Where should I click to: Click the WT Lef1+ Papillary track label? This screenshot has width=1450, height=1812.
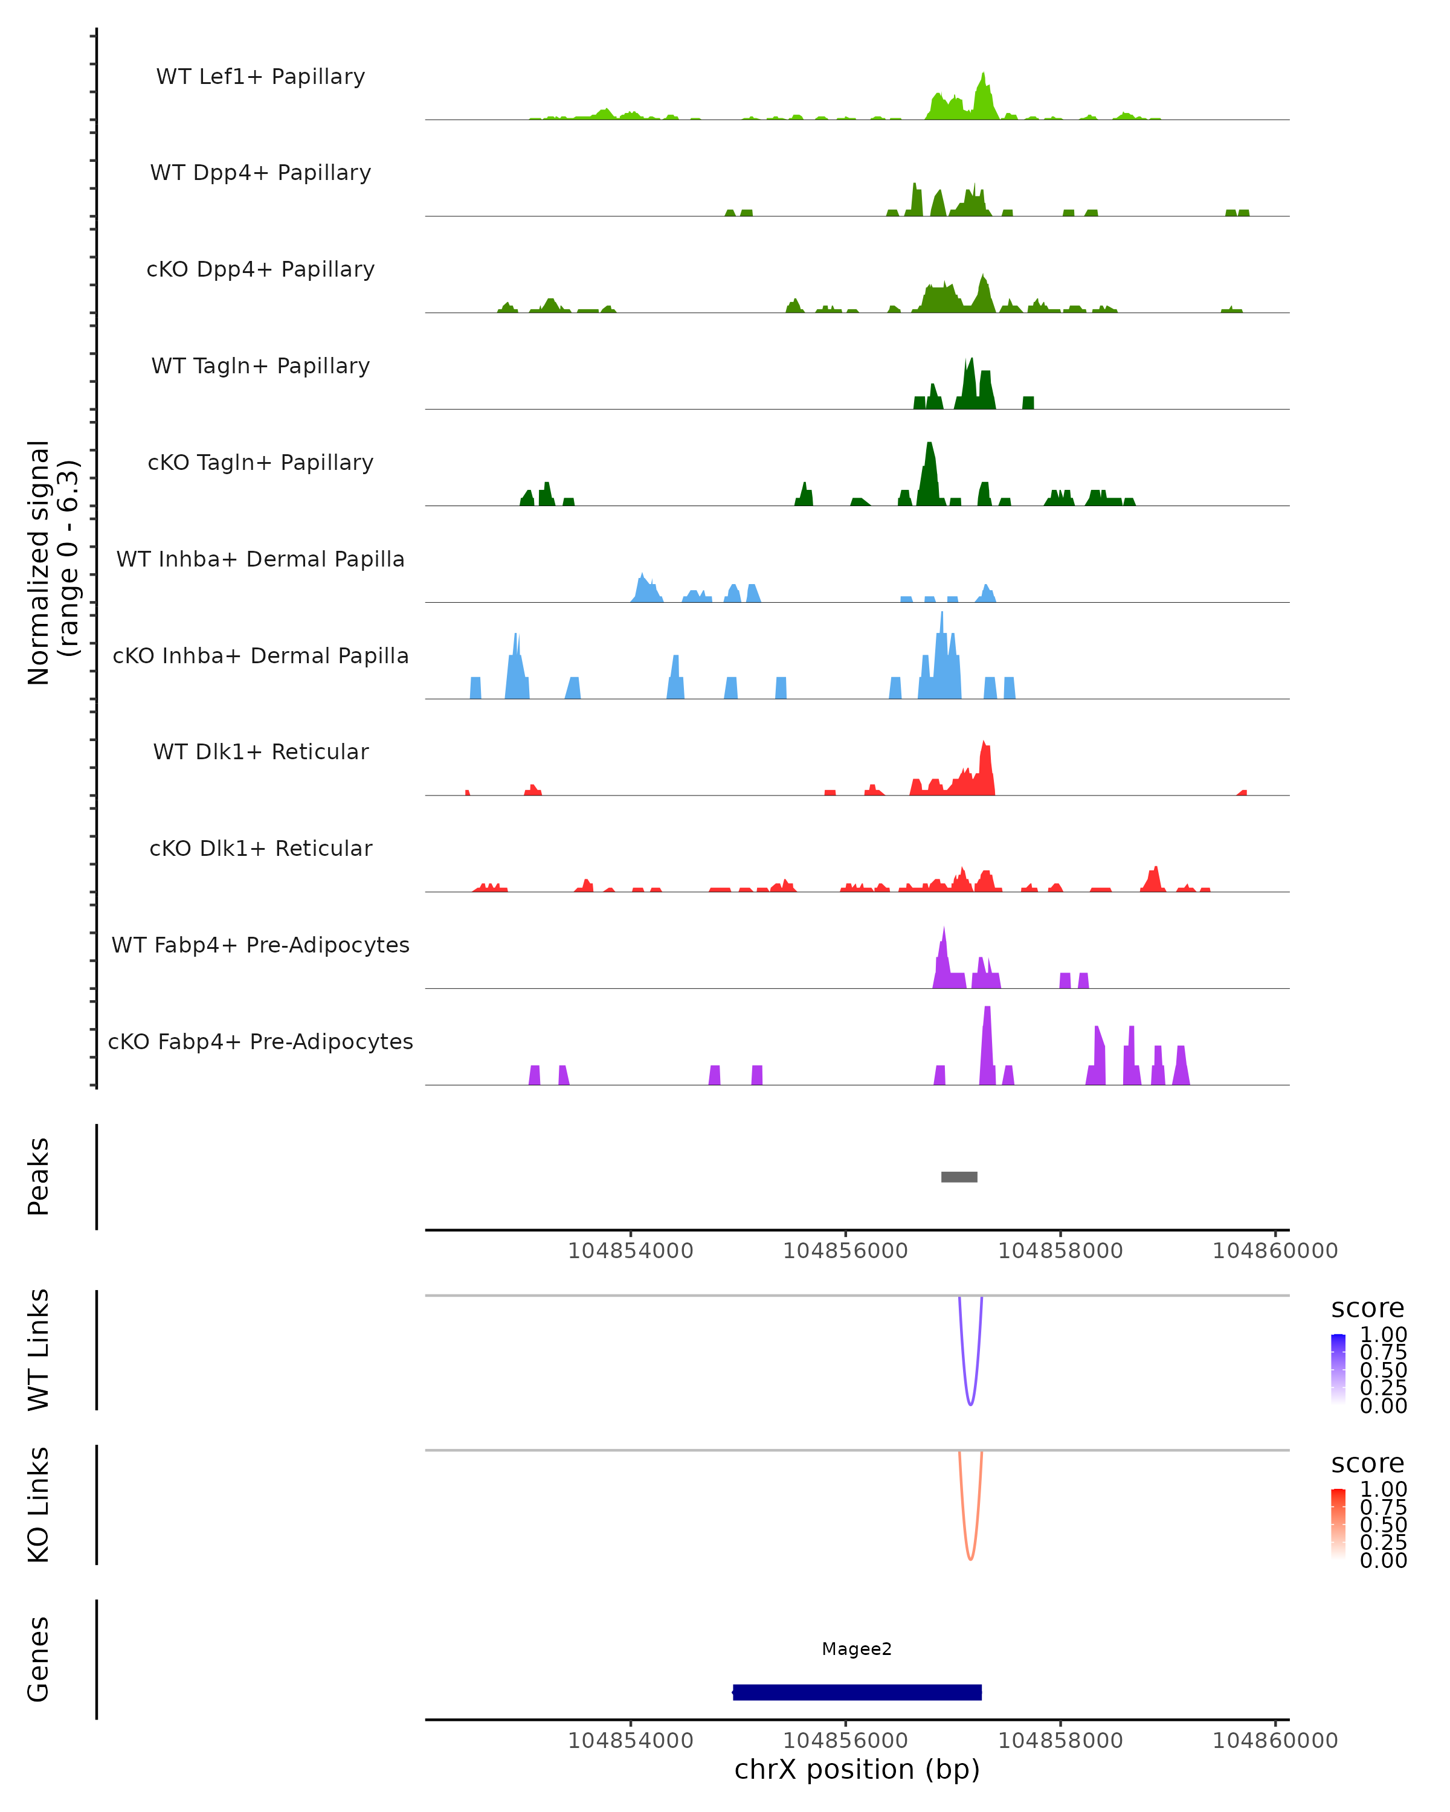pos(260,77)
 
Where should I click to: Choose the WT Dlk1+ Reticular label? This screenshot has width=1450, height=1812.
pos(260,751)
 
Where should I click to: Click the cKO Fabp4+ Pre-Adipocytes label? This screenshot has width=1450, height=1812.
pos(260,1041)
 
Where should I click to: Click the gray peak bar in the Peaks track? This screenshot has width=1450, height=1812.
pos(959,1177)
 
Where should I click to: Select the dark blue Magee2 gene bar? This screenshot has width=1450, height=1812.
pos(857,1692)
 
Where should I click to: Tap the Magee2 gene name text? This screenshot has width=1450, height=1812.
pos(857,1649)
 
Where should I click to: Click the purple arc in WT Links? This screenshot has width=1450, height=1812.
pos(971,1404)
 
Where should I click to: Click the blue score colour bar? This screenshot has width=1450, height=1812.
pos(1338,1369)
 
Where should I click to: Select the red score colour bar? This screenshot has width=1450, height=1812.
pos(1338,1524)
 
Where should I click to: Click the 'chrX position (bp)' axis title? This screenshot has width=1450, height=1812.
pos(857,1769)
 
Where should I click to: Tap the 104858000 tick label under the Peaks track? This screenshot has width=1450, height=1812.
pos(1060,1251)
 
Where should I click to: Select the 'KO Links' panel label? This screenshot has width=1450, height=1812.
pos(39,1505)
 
